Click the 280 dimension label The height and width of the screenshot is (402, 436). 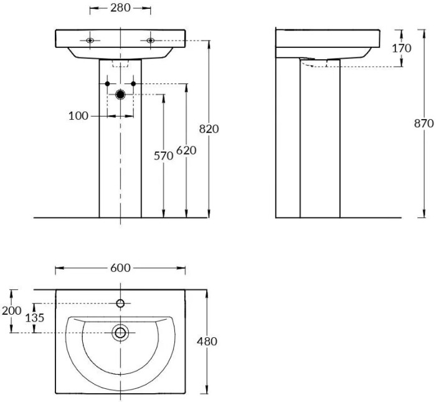(x=120, y=9)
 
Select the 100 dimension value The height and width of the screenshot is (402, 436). (x=78, y=115)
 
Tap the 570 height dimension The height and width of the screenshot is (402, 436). (x=163, y=156)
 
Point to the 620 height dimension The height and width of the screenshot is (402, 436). (x=186, y=150)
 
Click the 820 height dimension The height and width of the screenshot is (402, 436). (x=209, y=129)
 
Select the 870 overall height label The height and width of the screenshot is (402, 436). (x=424, y=123)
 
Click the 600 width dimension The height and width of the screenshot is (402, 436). (x=120, y=268)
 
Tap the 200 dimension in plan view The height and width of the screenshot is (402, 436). (x=11, y=310)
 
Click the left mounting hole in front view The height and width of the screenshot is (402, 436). (x=90, y=41)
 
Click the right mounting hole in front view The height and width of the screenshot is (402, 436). (x=151, y=41)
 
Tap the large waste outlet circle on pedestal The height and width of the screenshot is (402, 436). (x=120, y=95)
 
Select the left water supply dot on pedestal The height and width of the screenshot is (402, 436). (x=107, y=83)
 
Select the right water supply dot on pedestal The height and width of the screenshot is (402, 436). (x=133, y=83)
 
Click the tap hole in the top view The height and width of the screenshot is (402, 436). (x=120, y=304)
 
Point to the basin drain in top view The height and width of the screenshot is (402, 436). (x=120, y=333)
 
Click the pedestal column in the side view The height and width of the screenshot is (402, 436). (x=320, y=143)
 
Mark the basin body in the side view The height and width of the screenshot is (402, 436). (x=327, y=42)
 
